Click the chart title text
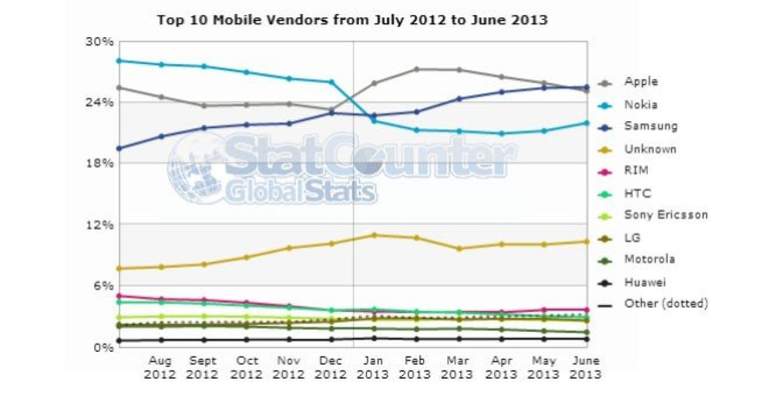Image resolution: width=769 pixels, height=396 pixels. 352,20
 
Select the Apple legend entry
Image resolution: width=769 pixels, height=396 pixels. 641,82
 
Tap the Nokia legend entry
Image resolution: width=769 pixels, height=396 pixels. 641,104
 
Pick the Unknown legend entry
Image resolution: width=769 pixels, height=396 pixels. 650,149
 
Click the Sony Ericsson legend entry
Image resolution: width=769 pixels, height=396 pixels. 666,215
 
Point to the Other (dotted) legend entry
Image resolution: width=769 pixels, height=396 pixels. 666,303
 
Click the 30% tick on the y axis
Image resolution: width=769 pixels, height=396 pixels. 99,42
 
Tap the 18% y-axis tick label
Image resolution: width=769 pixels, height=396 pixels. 99,163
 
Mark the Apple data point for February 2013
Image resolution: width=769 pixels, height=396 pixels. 417,69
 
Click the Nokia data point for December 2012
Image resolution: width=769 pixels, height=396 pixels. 331,82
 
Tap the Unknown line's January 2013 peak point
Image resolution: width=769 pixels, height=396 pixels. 374,235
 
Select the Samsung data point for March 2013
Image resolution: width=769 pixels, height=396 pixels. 459,99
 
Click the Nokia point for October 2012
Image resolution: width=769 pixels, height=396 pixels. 247,72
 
